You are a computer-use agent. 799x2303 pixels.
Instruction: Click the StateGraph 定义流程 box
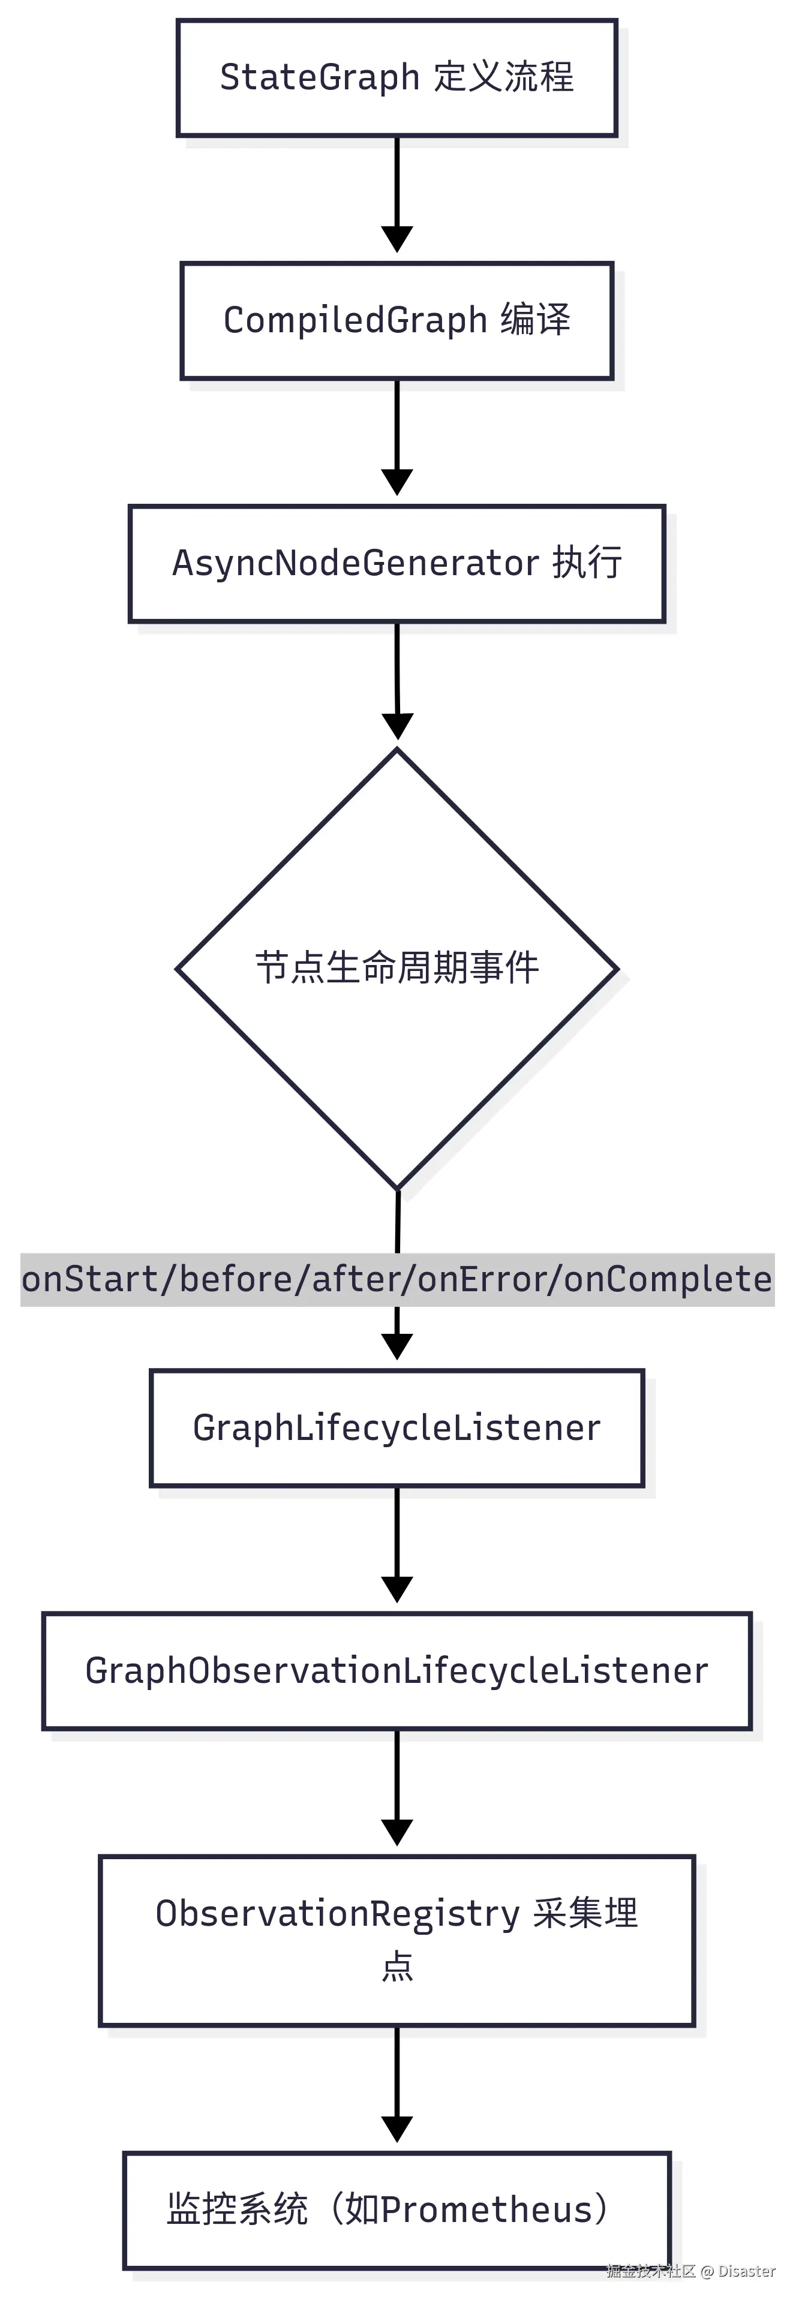(x=397, y=79)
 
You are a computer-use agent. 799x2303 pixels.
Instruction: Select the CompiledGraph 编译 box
(x=397, y=321)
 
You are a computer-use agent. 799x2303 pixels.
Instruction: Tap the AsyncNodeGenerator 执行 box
(x=397, y=563)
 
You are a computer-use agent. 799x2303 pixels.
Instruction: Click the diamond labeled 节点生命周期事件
(x=397, y=968)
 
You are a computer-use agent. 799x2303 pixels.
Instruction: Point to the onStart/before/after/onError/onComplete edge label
(x=397, y=1279)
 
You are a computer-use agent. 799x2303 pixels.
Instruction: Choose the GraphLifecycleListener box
(x=397, y=1428)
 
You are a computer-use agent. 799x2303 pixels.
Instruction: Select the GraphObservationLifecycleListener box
(x=397, y=1671)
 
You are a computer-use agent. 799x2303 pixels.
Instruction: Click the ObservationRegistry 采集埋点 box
(x=397, y=1940)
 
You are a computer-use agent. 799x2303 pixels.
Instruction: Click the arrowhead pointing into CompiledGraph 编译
(x=397, y=240)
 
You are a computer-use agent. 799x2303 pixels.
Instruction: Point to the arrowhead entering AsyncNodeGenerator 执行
(x=397, y=483)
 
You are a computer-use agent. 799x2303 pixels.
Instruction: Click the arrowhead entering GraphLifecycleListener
(x=397, y=1347)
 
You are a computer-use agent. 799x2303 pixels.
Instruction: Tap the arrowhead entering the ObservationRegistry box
(x=397, y=1833)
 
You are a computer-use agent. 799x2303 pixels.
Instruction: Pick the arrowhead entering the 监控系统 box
(x=397, y=2130)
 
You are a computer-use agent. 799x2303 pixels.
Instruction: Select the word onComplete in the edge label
(x=668, y=1279)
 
